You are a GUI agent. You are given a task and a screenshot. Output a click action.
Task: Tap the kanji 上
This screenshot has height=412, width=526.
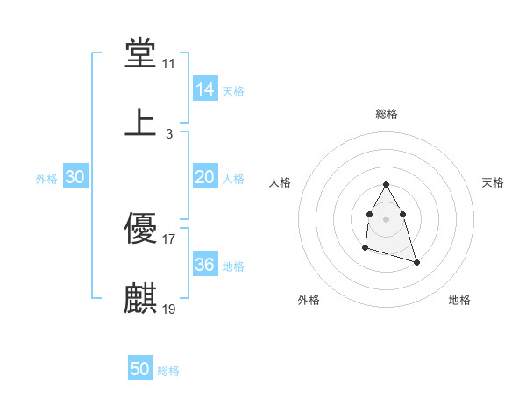(140, 123)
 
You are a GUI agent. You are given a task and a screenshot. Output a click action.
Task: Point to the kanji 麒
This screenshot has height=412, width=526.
(140, 298)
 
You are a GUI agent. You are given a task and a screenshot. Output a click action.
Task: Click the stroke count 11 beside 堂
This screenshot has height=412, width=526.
(169, 65)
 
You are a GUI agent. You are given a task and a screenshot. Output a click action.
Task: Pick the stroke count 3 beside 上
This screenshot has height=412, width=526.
(169, 133)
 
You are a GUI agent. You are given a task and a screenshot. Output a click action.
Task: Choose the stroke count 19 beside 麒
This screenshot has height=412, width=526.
(169, 309)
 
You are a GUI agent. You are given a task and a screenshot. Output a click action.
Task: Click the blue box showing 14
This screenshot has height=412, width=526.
(205, 89)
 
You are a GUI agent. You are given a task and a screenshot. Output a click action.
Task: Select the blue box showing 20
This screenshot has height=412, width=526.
(205, 177)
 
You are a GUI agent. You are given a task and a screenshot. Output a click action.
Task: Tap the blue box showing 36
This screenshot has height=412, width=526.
(205, 265)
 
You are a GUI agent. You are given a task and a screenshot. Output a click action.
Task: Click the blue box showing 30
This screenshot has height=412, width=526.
(75, 177)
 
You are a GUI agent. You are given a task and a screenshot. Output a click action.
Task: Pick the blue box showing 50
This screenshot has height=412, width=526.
(140, 370)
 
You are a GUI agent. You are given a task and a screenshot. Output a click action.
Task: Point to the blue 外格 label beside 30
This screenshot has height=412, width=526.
(46, 179)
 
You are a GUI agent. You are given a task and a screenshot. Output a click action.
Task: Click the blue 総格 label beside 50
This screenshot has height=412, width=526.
(168, 372)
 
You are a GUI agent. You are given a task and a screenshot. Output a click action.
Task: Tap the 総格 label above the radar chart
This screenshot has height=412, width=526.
(386, 114)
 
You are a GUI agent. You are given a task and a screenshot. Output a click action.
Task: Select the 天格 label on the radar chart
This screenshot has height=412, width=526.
(493, 182)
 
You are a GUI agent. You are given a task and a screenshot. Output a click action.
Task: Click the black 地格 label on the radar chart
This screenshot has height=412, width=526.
(459, 301)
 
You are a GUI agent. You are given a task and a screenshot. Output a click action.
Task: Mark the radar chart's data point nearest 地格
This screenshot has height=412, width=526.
(416, 262)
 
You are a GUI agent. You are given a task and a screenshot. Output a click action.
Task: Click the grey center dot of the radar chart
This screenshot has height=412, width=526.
(386, 217)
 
